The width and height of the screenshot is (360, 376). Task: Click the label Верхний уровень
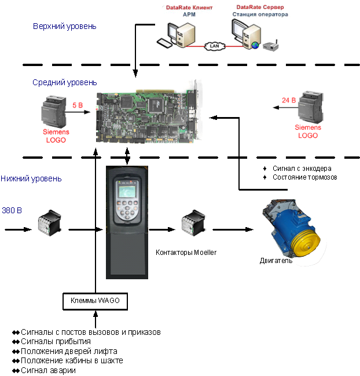65,26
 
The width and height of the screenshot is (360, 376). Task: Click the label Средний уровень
65,83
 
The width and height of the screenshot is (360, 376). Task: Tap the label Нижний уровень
31,178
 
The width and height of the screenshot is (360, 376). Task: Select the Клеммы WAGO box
95,301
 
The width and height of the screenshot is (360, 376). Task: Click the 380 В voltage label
12,209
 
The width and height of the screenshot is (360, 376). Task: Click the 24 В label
289,100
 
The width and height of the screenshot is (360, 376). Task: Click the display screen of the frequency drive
126,193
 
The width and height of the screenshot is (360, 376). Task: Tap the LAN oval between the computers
214,44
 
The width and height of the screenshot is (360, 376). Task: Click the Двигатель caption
276,261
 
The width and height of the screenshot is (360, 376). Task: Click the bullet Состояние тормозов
304,177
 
